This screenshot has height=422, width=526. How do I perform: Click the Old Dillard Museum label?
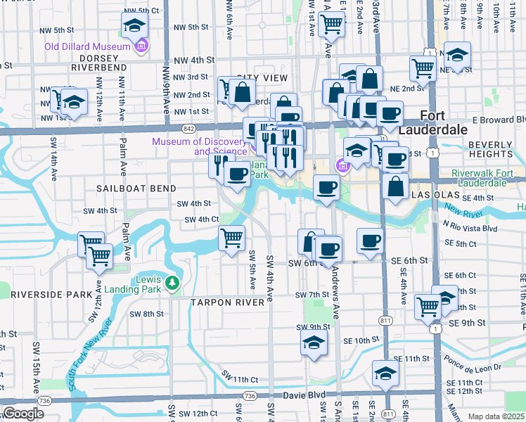[88, 46]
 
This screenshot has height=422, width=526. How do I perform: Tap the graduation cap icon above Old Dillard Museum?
[133, 26]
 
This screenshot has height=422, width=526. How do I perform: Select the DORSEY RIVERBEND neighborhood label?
[98, 63]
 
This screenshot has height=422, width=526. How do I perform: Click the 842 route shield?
[187, 129]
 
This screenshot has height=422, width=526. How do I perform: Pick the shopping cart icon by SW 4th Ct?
[232, 239]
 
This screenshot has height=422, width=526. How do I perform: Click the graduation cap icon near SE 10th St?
[314, 343]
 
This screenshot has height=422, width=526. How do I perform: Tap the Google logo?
[23, 414]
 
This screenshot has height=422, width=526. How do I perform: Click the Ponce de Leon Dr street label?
[473, 367]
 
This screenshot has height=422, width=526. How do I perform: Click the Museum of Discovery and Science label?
[200, 146]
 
